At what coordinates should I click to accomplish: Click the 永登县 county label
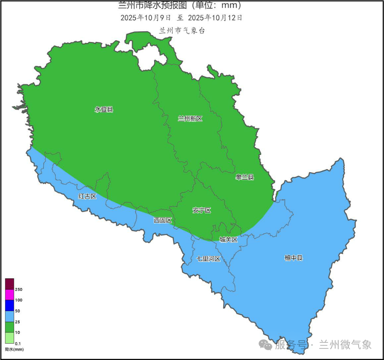click(104, 110)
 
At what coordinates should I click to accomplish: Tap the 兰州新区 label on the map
click(190, 119)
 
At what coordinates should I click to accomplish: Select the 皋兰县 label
click(245, 177)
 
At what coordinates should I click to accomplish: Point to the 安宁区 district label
click(202, 211)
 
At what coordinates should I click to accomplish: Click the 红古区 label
click(87, 196)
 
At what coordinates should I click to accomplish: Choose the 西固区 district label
click(163, 220)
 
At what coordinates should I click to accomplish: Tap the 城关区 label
click(229, 240)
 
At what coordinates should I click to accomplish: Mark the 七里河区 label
click(208, 259)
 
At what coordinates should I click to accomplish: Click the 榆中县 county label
click(294, 258)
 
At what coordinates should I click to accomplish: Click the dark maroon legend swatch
click(9, 284)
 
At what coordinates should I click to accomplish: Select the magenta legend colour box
click(9, 295)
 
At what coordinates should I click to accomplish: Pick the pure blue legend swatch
click(9, 305)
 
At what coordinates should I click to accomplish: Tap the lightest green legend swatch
click(9, 338)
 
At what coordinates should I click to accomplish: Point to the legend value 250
click(18, 290)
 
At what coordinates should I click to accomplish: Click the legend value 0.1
click(18, 344)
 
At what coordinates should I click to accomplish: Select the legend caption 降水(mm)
click(14, 350)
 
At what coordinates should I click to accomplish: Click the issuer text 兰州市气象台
click(182, 31)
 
